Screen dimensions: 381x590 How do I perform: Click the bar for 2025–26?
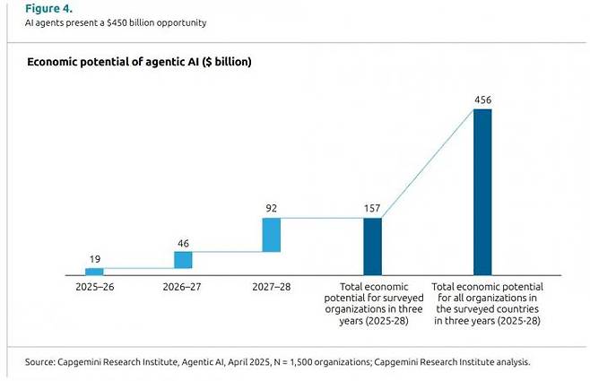94,271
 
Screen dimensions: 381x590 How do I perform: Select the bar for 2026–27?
183,260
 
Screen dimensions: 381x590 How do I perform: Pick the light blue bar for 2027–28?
272,234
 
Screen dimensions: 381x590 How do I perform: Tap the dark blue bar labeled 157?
372,246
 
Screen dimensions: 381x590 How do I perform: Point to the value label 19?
94,259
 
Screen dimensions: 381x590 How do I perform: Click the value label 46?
183,243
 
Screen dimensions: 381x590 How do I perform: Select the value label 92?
272,208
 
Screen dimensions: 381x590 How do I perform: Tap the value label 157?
372,209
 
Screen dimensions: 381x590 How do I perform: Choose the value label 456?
482,100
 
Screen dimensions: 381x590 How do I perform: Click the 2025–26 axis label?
94,289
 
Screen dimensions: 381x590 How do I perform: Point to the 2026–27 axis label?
183,289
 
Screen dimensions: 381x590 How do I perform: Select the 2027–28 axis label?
272,289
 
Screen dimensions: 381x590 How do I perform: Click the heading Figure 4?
37,8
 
